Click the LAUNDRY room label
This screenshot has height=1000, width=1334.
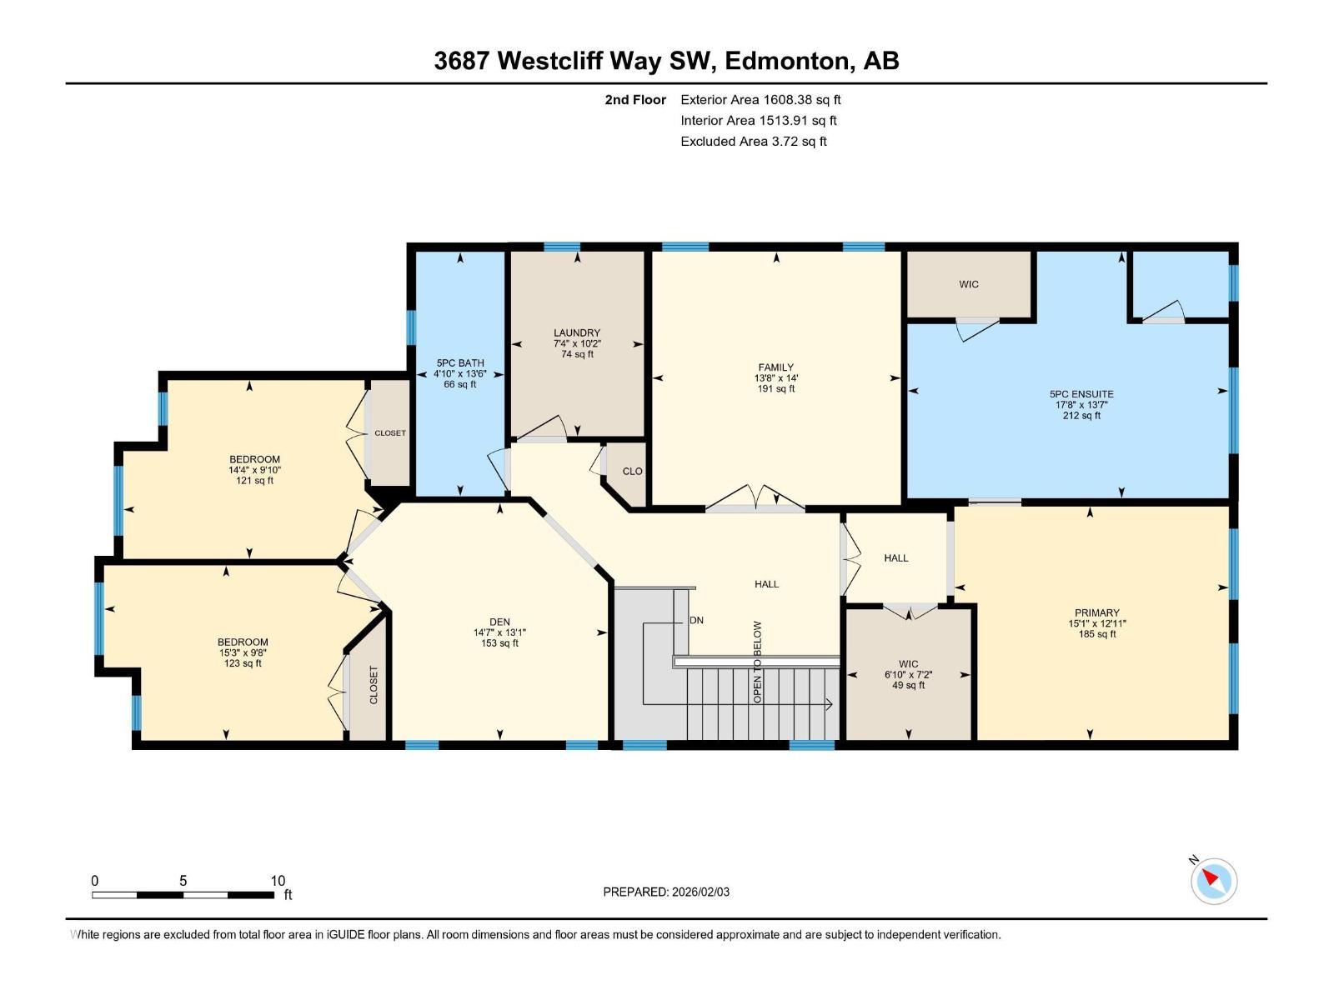pyautogui.click(x=576, y=332)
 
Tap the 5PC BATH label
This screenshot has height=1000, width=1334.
pyautogui.click(x=459, y=363)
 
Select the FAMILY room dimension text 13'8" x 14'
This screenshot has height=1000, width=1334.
pyautogui.click(x=775, y=378)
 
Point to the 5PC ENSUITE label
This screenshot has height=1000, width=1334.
pyautogui.click(x=1081, y=394)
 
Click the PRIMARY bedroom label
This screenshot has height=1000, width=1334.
pyautogui.click(x=1096, y=612)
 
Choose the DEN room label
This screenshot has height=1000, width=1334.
pyautogui.click(x=499, y=622)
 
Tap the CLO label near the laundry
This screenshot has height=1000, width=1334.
pyautogui.click(x=632, y=472)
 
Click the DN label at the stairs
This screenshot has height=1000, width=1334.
pyautogui.click(x=696, y=621)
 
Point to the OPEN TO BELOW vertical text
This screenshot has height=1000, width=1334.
pyautogui.click(x=758, y=662)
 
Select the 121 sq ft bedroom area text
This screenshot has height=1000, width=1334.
pyautogui.click(x=254, y=481)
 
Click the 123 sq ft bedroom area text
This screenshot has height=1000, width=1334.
pyautogui.click(x=243, y=663)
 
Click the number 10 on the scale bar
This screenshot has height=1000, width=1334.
pyautogui.click(x=278, y=881)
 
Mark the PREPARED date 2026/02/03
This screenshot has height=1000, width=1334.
pyautogui.click(x=700, y=892)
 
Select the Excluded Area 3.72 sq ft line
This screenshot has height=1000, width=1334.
pyautogui.click(x=753, y=142)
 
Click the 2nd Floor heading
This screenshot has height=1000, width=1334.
pyautogui.click(x=635, y=100)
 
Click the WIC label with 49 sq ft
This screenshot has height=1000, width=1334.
pyautogui.click(x=908, y=664)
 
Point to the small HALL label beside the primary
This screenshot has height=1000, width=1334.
pyautogui.click(x=895, y=558)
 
